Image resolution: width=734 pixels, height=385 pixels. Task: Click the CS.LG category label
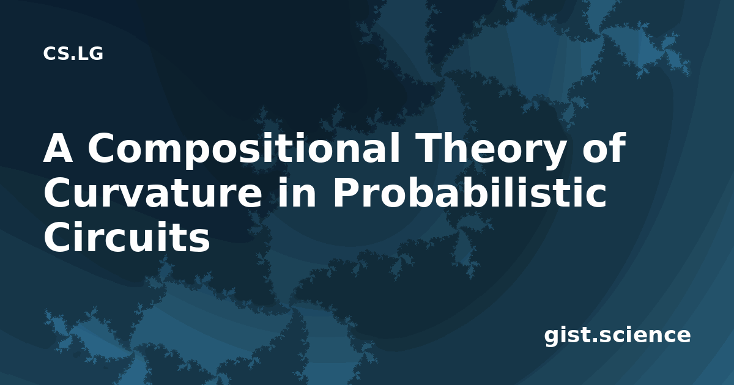pos(73,54)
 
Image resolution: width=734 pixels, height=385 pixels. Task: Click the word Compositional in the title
pos(244,150)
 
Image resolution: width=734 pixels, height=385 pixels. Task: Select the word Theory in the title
pos(490,150)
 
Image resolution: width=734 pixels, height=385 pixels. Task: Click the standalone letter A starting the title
pos(58,148)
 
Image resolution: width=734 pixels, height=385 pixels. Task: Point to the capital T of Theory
pos(429,148)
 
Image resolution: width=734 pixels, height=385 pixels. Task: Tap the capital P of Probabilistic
pos(346,193)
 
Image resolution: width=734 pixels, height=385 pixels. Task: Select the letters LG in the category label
pos(91,54)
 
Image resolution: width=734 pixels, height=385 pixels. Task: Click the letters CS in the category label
pos(56,54)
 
